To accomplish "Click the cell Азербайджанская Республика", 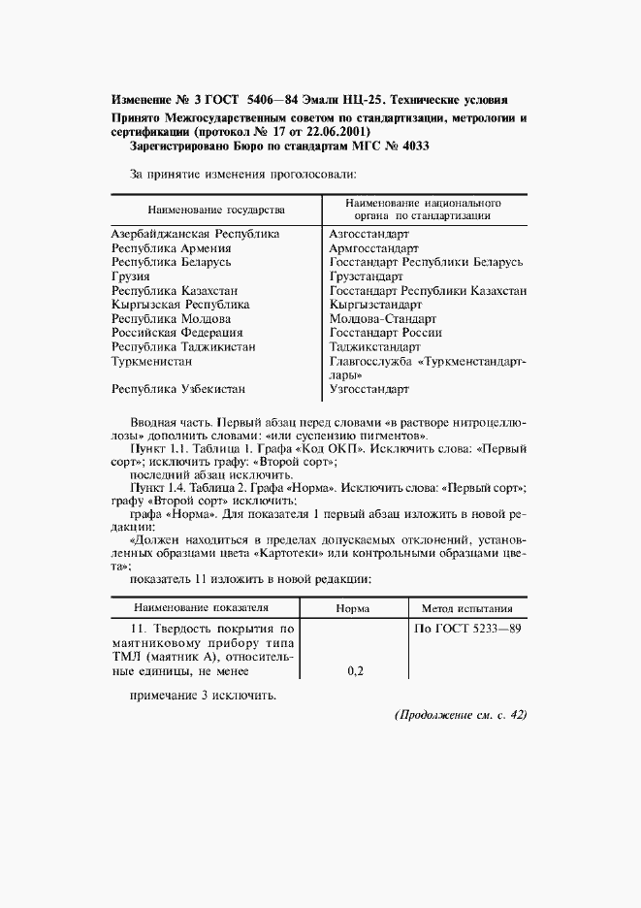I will (195, 234).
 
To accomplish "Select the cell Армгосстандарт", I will (370, 248).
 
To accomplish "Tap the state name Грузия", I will (131, 276).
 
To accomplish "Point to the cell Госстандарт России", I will (385, 332).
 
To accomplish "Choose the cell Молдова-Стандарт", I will (383, 318).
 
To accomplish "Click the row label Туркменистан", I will (155, 360).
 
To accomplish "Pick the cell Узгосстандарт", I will (369, 388).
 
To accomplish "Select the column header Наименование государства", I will (215, 210).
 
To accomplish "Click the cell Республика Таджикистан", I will (183, 345).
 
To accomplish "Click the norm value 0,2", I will (354, 670).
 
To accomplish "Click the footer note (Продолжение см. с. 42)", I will (460, 715).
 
